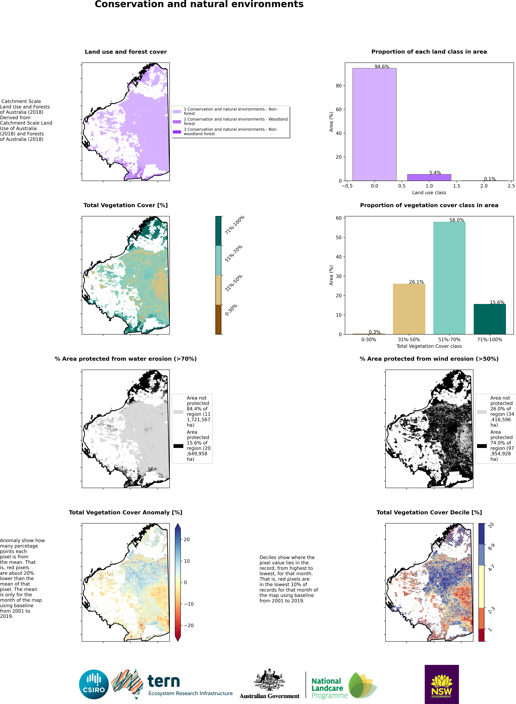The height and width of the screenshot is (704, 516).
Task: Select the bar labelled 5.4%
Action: [429, 178]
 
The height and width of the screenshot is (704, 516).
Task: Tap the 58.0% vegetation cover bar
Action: [449, 278]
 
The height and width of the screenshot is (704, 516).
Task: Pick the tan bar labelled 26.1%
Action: [409, 309]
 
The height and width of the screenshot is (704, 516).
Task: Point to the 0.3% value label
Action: [375, 332]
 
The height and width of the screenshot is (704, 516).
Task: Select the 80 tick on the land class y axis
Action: [339, 86]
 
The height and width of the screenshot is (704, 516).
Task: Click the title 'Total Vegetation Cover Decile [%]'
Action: [429, 512]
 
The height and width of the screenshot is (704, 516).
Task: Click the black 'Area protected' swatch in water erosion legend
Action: [178, 446]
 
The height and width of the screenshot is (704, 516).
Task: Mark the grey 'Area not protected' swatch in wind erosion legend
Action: [482, 412]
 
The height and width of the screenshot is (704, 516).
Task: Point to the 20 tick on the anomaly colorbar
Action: [187, 540]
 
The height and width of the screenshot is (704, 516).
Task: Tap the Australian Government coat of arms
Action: [269, 680]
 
